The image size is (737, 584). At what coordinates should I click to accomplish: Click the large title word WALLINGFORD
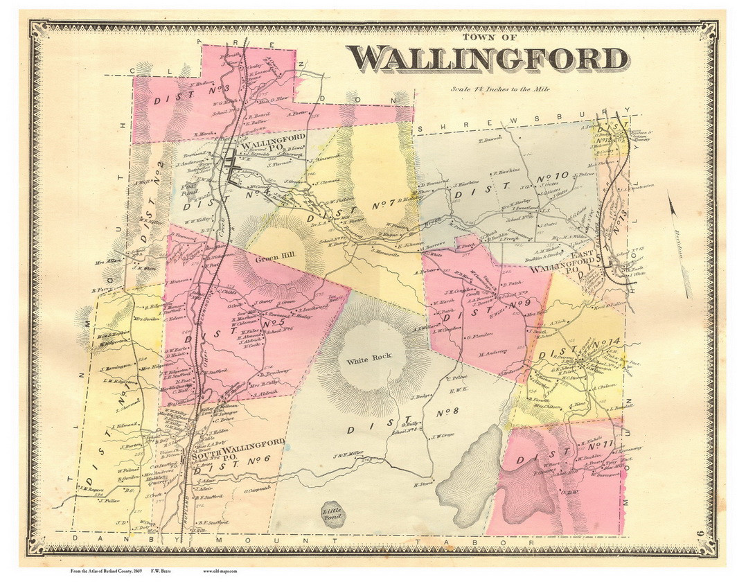pyautogui.click(x=487, y=60)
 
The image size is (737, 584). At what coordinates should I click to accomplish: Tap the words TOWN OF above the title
pyautogui.click(x=488, y=37)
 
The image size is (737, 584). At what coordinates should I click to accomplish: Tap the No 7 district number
pyautogui.click(x=383, y=204)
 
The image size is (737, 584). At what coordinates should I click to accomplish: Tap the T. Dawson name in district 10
pyautogui.click(x=489, y=139)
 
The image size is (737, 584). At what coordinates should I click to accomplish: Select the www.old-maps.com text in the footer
pyautogui.click(x=220, y=571)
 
